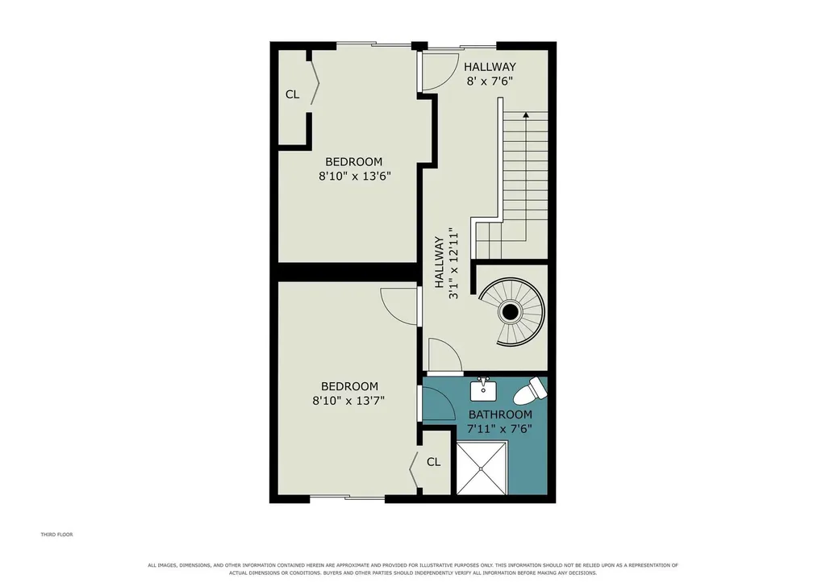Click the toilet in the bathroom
coord(531,389)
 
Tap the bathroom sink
coord(483,389)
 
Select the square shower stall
coord(482,468)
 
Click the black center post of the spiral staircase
coord(510,312)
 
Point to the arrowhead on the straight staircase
coord(526,115)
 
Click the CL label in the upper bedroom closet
coord(292,94)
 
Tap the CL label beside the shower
coord(433,462)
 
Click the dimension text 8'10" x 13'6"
coord(355,176)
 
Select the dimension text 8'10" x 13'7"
coord(348,400)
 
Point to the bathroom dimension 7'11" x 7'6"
coord(500,429)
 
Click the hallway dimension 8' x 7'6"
coord(490,81)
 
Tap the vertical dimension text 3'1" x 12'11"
coord(453,264)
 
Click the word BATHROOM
coord(500,414)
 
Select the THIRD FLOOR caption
coord(57,535)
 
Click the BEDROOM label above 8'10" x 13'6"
coord(353,162)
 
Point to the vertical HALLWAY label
coord(439,262)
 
